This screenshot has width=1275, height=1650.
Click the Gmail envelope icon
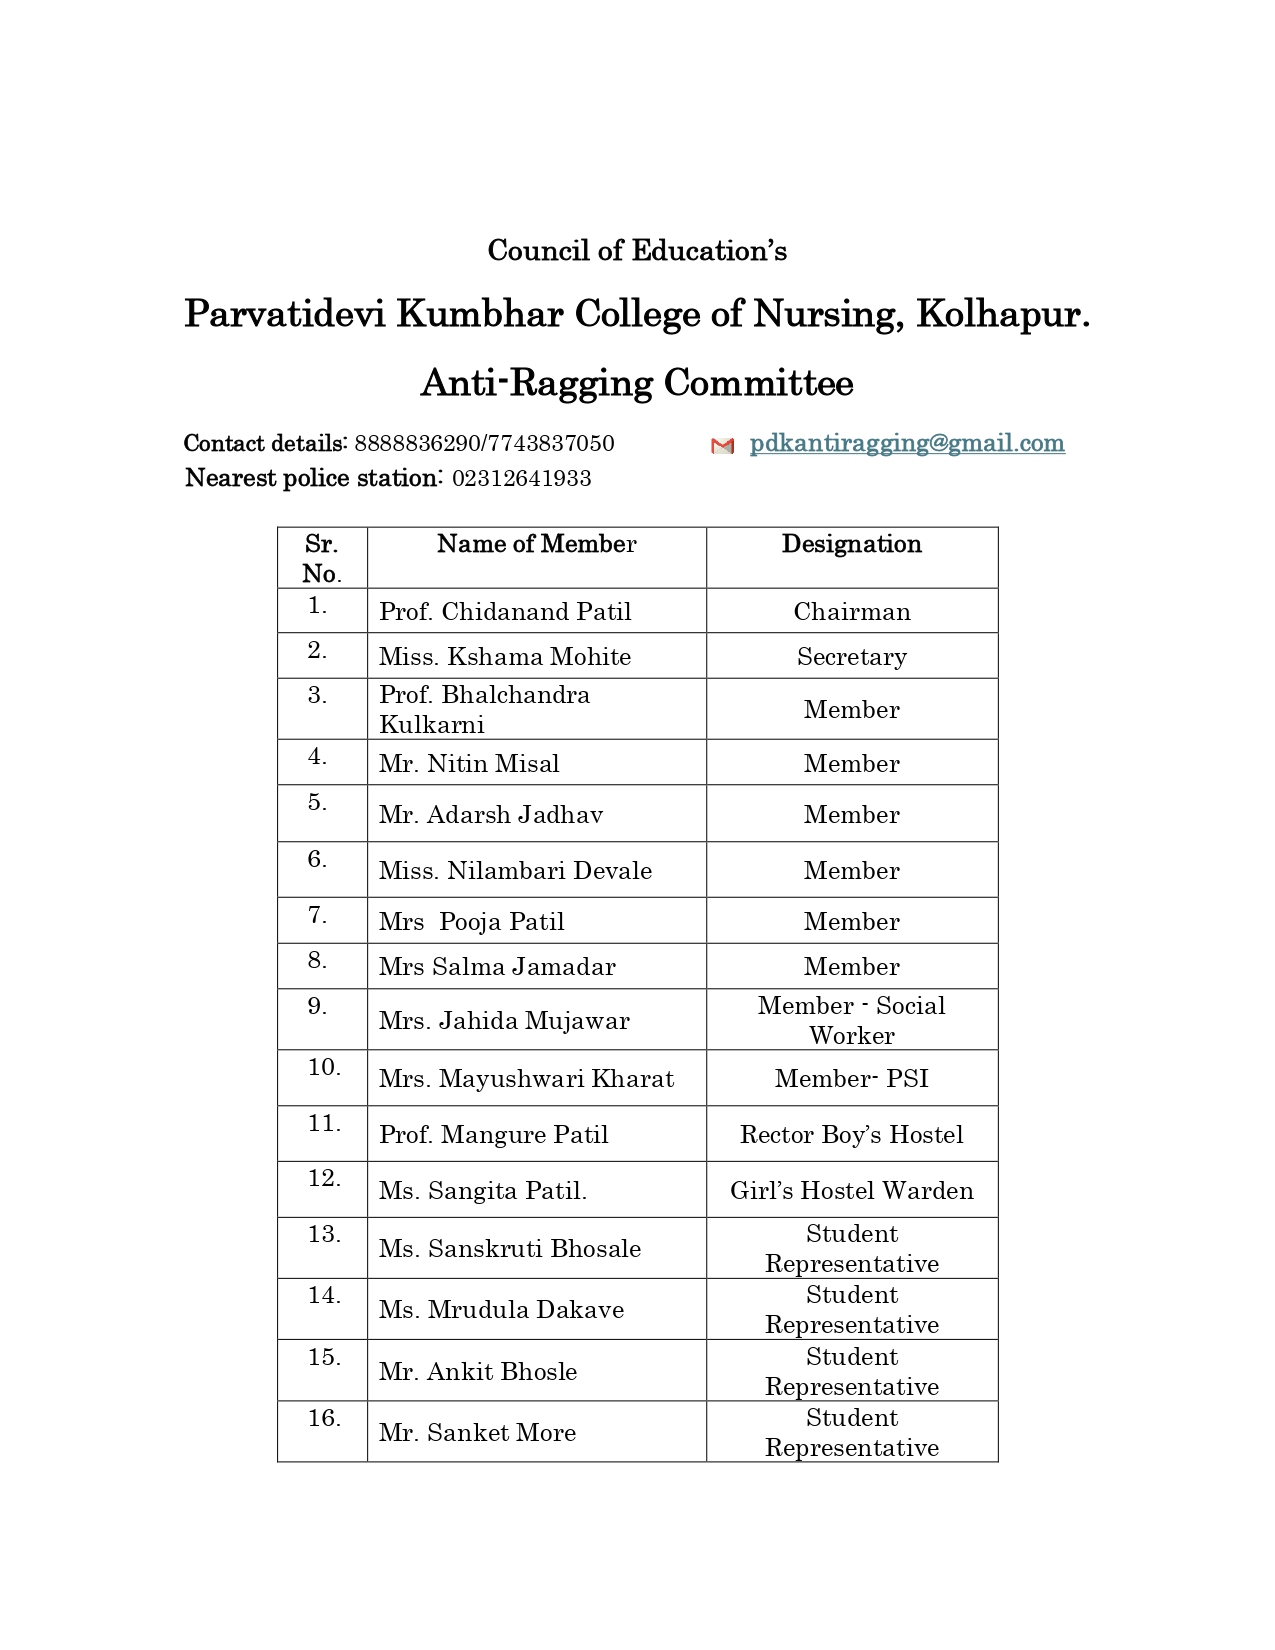722,446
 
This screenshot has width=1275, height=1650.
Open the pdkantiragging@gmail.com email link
907,443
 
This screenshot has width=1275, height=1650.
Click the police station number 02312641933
521,479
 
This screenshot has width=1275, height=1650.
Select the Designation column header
851,544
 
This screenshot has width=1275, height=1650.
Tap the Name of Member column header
536,544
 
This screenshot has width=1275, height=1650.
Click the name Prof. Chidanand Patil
505,612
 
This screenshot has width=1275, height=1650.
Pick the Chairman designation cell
852,612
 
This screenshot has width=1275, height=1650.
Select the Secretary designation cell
852,657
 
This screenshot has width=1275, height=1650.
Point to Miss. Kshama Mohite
505,657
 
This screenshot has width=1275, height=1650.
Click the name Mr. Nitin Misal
469,764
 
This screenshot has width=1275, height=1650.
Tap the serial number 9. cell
317,1006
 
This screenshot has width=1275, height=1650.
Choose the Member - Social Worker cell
852,1020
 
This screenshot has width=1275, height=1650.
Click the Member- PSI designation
852,1079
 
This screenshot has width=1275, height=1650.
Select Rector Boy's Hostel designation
852,1135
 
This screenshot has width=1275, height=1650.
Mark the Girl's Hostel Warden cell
852,1191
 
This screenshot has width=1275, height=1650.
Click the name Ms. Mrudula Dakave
501,1310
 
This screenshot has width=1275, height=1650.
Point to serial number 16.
324,1418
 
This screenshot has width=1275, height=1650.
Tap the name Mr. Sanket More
477,1433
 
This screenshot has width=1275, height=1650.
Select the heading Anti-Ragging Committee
637,383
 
